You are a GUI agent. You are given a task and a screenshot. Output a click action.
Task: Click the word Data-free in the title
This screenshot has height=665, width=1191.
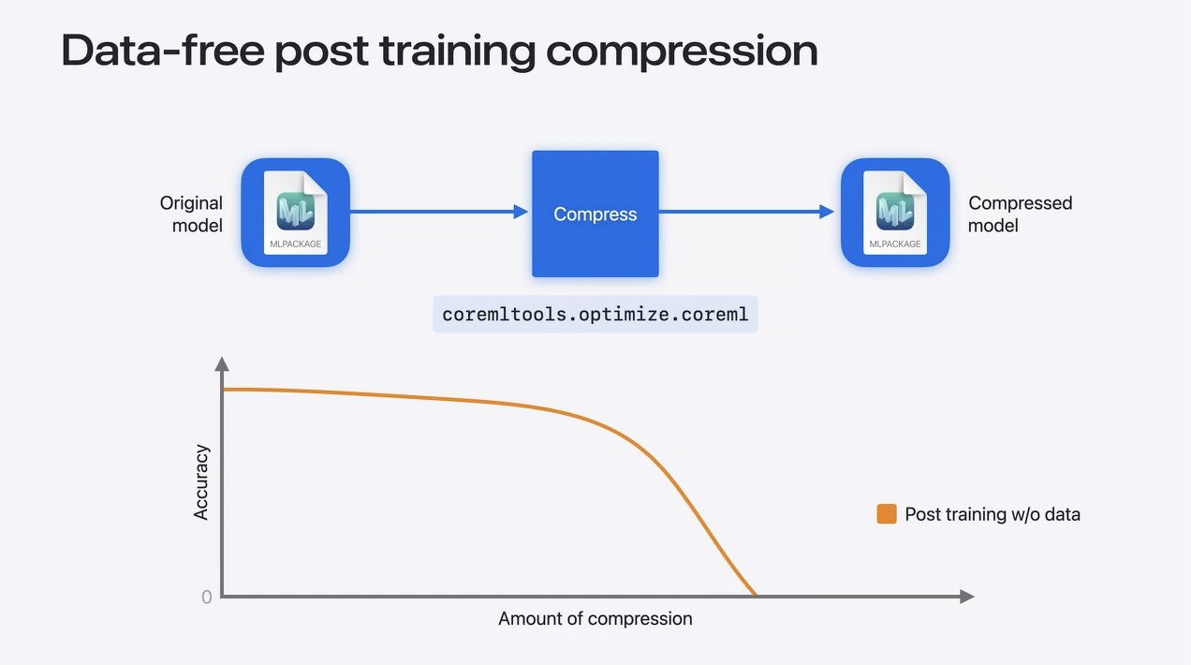pyautogui.click(x=163, y=51)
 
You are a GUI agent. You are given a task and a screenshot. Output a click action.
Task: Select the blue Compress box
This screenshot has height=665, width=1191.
pyautogui.click(x=595, y=214)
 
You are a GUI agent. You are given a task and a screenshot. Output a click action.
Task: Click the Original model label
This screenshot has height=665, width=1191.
pyautogui.click(x=191, y=214)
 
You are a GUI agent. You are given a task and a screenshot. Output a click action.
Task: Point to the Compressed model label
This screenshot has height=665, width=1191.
pyautogui.click(x=1020, y=214)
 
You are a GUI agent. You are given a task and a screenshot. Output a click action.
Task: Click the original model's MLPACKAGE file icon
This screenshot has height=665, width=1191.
pyautogui.click(x=295, y=213)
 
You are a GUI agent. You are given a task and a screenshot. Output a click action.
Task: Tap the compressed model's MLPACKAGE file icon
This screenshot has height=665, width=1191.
pyautogui.click(x=895, y=213)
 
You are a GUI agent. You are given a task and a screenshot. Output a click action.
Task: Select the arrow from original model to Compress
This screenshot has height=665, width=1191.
pyautogui.click(x=439, y=212)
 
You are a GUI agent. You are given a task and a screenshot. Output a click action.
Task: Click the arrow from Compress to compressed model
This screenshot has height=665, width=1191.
pyautogui.click(x=746, y=212)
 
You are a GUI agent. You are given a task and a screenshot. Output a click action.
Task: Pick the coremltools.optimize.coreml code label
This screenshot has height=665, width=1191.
pyautogui.click(x=595, y=315)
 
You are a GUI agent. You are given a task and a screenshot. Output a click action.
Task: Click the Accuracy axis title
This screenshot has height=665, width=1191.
pyautogui.click(x=201, y=482)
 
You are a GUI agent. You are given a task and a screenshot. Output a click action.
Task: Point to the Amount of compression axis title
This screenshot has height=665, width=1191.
pyautogui.click(x=595, y=619)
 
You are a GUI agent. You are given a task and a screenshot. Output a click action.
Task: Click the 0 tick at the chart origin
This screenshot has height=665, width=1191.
pyautogui.click(x=207, y=598)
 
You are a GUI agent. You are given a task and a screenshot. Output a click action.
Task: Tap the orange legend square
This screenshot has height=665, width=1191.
pyautogui.click(x=887, y=514)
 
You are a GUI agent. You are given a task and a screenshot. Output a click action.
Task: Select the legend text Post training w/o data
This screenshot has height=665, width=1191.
pyautogui.click(x=992, y=514)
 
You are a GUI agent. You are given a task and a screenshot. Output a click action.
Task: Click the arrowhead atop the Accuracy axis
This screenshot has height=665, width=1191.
pyautogui.click(x=222, y=364)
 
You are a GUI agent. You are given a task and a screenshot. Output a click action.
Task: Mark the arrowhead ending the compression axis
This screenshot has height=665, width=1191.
pyautogui.click(x=967, y=597)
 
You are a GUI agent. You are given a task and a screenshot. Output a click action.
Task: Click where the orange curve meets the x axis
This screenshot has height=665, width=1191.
pyautogui.click(x=755, y=595)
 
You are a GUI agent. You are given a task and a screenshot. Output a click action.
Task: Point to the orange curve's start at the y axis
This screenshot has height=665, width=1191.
pyautogui.click(x=223, y=390)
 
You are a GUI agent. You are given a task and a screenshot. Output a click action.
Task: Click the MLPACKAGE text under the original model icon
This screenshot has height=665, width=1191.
pyautogui.click(x=295, y=244)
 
